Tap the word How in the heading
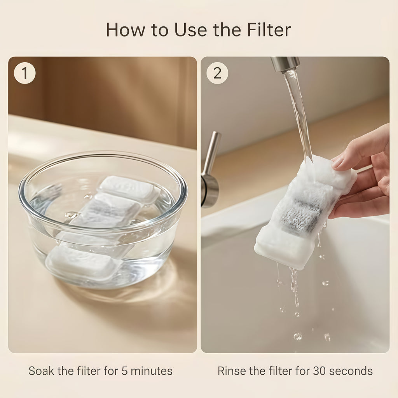coord(126,30)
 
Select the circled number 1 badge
coord(24,73)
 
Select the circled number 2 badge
coord(217,73)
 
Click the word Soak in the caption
coord(41,371)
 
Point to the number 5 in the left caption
coord(124,371)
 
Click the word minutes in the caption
coord(152,371)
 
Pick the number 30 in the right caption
coord(319,371)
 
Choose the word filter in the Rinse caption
coord(280,371)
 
